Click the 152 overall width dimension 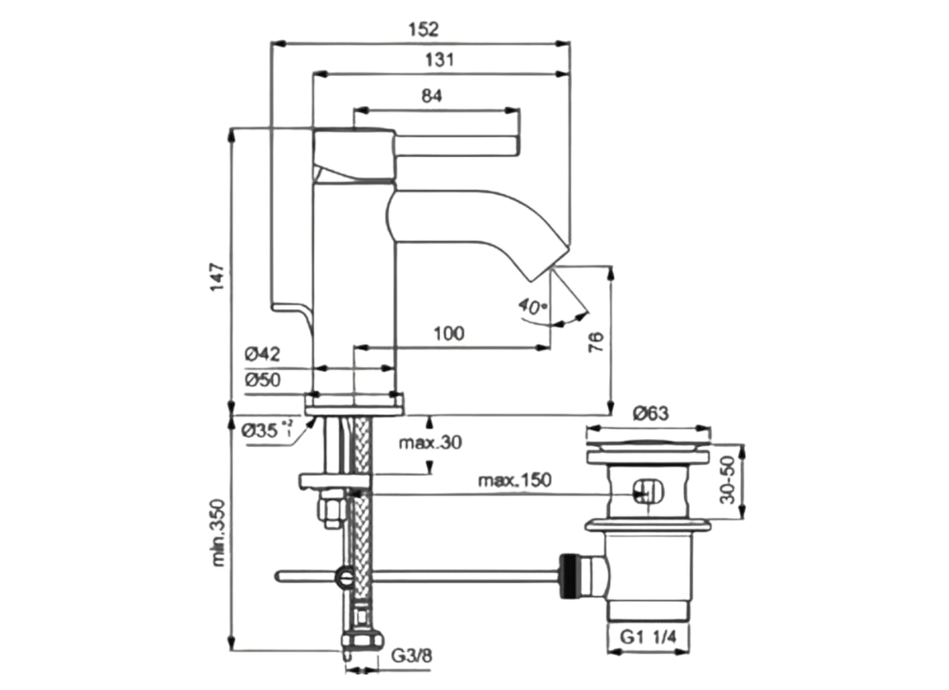point(423,28)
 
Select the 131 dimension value point(440,60)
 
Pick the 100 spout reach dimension point(449,333)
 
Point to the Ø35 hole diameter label point(263,428)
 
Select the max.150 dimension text point(515,480)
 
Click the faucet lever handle point(457,144)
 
